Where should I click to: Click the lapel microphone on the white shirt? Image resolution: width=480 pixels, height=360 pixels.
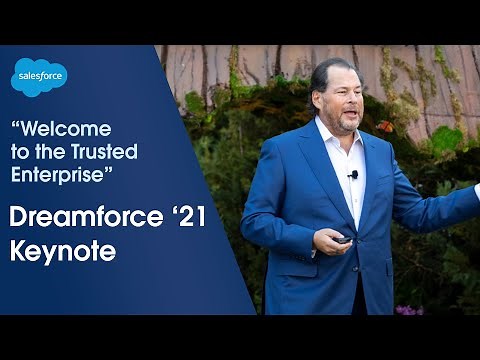(352, 176)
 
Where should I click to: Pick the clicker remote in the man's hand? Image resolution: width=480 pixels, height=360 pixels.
(342, 240)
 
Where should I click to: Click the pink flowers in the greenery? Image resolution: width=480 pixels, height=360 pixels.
(407, 310)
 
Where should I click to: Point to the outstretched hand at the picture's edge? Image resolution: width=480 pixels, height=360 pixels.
(477, 190)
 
